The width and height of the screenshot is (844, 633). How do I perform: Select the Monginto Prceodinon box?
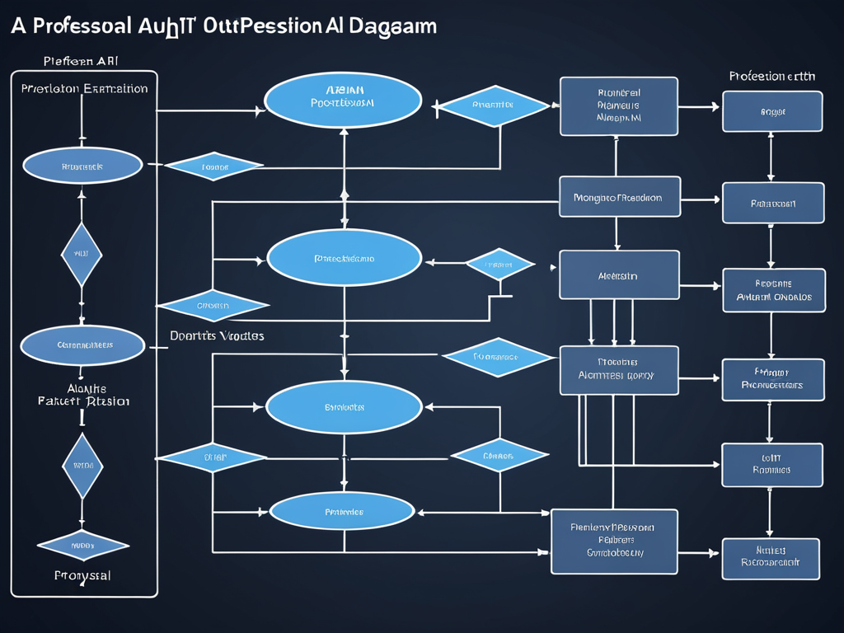click(620, 197)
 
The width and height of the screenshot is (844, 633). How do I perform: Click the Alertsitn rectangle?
click(619, 275)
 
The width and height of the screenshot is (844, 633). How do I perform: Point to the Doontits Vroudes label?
click(217, 336)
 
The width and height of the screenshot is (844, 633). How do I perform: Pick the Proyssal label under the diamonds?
click(82, 574)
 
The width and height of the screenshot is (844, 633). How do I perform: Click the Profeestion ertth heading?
click(772, 76)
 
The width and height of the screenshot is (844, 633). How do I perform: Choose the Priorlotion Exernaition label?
click(84, 88)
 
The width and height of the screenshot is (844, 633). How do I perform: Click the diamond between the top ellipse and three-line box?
click(493, 105)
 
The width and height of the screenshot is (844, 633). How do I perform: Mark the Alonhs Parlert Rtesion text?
click(84, 395)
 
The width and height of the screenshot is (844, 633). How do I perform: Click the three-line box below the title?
click(618, 105)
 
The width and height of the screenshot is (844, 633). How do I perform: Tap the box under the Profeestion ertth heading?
click(772, 111)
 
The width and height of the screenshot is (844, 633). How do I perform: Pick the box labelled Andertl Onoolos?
click(773, 290)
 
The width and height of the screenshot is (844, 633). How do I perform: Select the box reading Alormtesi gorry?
click(619, 370)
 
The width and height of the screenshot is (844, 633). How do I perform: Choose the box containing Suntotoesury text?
click(614, 542)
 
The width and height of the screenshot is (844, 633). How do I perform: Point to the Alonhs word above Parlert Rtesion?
click(85, 388)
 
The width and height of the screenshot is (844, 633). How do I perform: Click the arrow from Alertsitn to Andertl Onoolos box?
click(701, 286)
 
